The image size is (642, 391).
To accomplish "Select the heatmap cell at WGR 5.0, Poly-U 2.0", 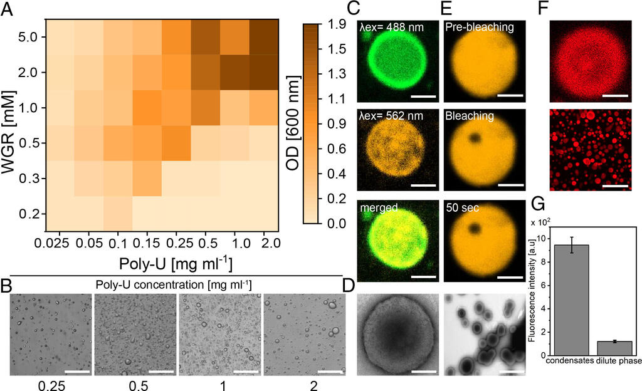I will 263,37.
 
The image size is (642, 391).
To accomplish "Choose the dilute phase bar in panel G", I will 614,347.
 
